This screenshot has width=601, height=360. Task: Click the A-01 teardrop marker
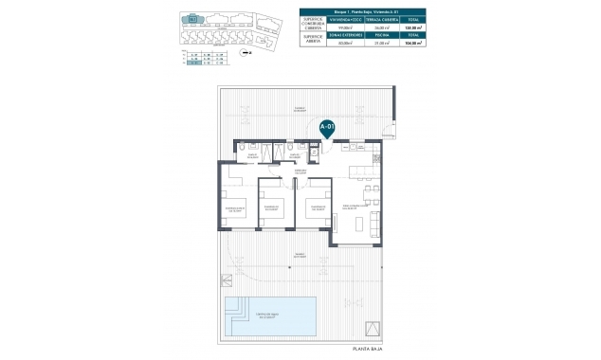(326, 127)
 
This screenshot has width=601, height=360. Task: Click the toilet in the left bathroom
(245, 148)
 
